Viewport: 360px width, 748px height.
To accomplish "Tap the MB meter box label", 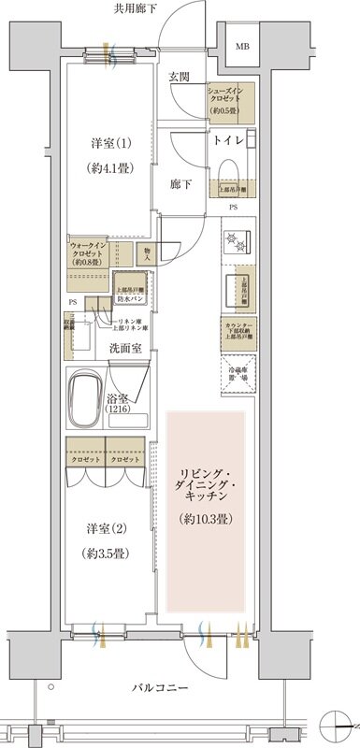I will click(241, 46).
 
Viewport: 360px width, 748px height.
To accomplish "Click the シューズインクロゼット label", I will click(231, 97).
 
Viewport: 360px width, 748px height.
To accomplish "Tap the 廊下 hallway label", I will click(180, 184).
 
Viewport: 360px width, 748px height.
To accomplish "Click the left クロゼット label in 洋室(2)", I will click(85, 460).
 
